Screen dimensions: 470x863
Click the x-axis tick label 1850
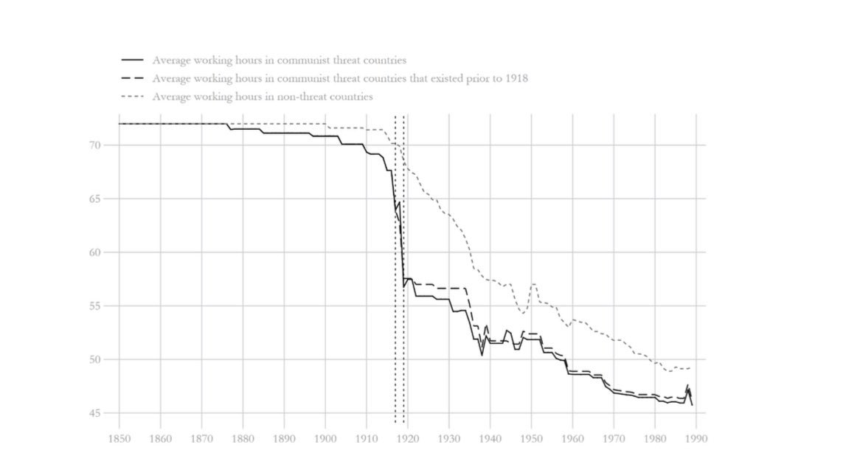[119, 438]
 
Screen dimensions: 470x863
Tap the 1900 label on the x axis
[325, 438]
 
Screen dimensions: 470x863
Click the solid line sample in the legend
[133, 61]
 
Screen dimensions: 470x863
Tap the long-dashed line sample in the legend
[133, 78]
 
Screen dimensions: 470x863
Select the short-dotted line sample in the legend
[133, 97]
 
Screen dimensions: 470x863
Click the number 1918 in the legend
[514, 78]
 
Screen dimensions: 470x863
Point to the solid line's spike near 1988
[687, 386]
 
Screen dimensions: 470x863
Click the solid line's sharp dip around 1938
[482, 355]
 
